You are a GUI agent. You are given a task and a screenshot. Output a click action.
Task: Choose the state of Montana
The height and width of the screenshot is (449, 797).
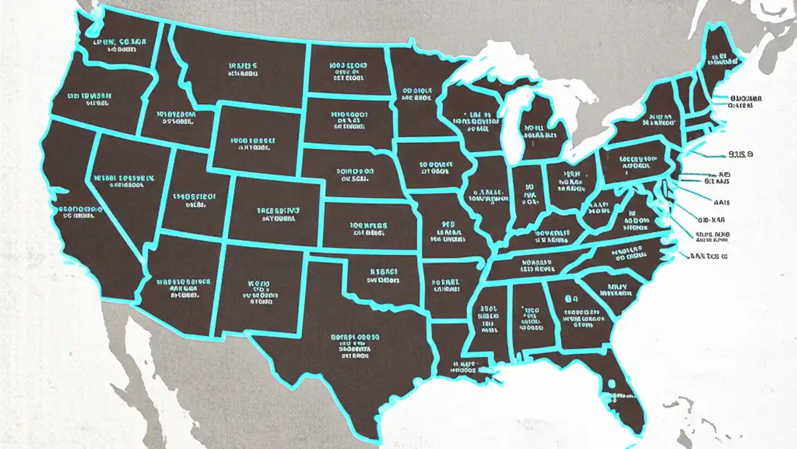pos(243,69)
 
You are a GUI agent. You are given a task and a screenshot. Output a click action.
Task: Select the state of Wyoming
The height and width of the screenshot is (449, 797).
pos(255,140)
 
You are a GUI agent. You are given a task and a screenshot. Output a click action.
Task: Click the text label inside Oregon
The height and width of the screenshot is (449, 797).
pos(90,100)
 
